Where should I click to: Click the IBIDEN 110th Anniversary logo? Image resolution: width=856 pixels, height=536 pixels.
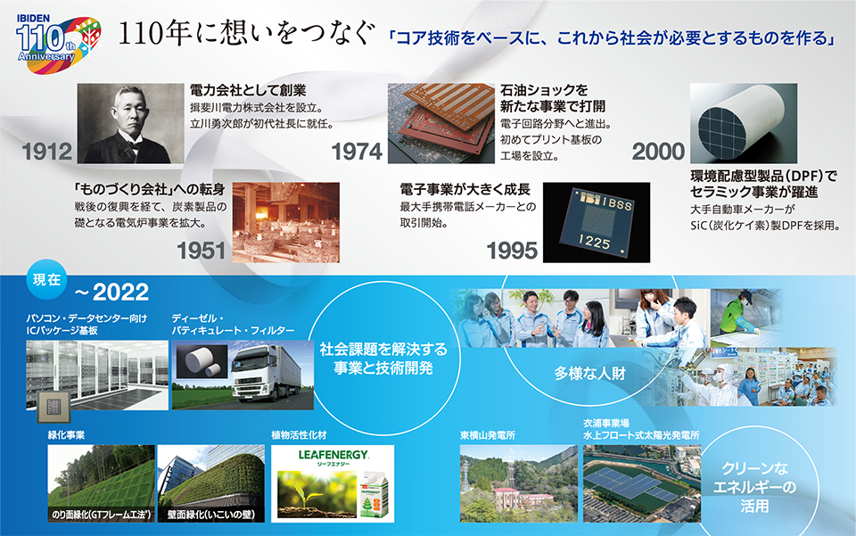[x=59, y=44]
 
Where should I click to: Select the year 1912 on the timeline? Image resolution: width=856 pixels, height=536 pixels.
[x=47, y=152]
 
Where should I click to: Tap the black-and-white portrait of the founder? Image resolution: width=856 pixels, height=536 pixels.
[x=130, y=123]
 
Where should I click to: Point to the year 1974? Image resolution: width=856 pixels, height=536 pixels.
[x=357, y=152]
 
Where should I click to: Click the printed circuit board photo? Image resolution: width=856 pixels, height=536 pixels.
[x=441, y=123]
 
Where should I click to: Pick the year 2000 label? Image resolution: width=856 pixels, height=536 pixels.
[x=658, y=152]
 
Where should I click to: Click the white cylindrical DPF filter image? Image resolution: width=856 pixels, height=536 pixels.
[x=744, y=123]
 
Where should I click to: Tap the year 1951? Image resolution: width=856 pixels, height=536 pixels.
[x=201, y=252]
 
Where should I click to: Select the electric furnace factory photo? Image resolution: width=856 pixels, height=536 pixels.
[x=286, y=223]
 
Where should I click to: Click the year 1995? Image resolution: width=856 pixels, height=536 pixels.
[x=512, y=252]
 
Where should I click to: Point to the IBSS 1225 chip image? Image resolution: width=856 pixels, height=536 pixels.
[x=597, y=223]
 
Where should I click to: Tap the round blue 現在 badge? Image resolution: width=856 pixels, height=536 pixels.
[x=47, y=279]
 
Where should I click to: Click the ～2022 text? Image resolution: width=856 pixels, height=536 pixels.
[x=111, y=293]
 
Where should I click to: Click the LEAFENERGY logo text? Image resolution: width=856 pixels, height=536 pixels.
[x=333, y=455]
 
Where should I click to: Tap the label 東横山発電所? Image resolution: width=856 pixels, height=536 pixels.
[x=488, y=435]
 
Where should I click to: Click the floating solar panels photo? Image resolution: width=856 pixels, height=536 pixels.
[x=642, y=483]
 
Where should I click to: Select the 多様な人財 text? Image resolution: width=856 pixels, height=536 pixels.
[x=589, y=374]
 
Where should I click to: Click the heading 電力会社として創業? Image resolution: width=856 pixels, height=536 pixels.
[x=248, y=91]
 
